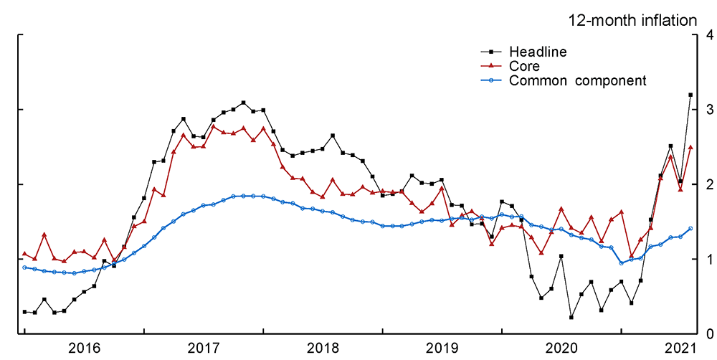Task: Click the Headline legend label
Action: point(538,52)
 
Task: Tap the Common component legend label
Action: point(578,80)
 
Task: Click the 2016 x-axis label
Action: point(85,348)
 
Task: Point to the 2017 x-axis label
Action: point(204,348)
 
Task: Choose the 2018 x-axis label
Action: point(323,348)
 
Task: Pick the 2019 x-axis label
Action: point(442,348)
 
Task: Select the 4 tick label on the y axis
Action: point(708,35)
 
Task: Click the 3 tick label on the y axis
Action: point(708,110)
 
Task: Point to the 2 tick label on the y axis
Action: point(708,184)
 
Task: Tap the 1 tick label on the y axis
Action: point(708,259)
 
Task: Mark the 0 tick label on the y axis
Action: point(708,333)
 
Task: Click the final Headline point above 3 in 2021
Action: point(690,95)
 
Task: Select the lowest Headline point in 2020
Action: point(571,317)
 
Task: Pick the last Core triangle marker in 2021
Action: point(690,147)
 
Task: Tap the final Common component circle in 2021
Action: point(690,229)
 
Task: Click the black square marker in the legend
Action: point(490,52)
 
